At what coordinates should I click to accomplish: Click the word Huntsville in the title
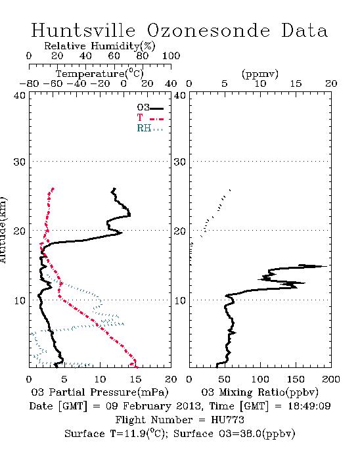[x=83, y=30]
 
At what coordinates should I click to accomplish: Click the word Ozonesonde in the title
[x=208, y=30]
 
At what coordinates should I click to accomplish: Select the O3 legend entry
[x=150, y=108]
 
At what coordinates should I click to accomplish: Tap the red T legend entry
[x=150, y=118]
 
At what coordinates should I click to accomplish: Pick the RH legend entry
[x=150, y=128]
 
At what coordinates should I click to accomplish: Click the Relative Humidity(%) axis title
[x=100, y=46]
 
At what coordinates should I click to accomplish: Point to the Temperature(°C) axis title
[x=100, y=74]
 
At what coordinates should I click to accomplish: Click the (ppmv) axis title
[x=260, y=74]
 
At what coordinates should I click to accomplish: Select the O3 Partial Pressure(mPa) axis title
[x=100, y=392]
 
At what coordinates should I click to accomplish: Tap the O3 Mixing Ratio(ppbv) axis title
[x=259, y=392]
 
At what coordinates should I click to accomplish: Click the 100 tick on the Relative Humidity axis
[x=171, y=56]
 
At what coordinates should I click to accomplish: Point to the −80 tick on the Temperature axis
[x=29, y=83]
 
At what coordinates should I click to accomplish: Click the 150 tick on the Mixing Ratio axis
[x=296, y=379]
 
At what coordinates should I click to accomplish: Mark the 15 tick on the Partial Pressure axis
[x=135, y=379]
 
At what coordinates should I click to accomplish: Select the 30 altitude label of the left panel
[x=19, y=162]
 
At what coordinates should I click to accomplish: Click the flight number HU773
[x=227, y=420]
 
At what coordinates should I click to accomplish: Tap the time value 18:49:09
[x=309, y=406]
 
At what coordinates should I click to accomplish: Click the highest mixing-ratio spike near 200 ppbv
[x=326, y=266]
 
